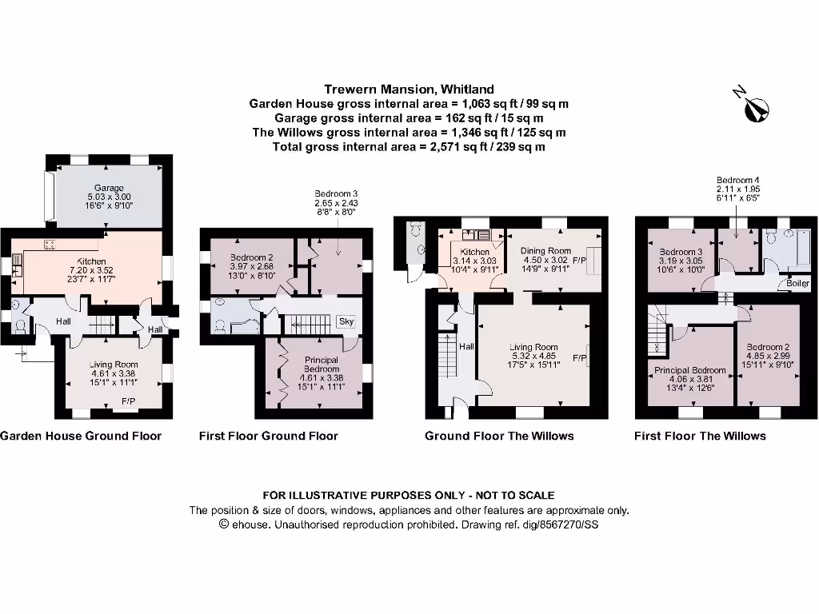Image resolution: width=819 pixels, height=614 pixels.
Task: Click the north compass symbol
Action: tap(754, 108)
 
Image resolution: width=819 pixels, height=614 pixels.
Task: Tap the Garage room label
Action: tap(109, 188)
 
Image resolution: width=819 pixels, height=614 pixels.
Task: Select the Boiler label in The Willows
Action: tap(797, 283)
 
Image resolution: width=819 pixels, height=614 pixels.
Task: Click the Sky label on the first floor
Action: tap(346, 321)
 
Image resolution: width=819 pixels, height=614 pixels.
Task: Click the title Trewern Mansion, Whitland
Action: tap(409, 90)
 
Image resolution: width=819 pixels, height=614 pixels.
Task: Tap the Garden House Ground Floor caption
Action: tap(81, 436)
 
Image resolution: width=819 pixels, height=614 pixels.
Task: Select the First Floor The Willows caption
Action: tap(700, 436)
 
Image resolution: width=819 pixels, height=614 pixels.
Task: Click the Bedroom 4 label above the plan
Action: tap(738, 180)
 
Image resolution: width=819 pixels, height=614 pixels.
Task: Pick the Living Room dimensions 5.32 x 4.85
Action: tap(533, 356)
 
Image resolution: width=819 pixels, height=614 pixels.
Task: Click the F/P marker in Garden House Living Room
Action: tap(128, 401)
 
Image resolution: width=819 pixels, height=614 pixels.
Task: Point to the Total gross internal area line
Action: tap(409, 147)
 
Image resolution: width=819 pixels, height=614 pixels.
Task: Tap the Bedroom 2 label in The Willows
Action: tap(767, 347)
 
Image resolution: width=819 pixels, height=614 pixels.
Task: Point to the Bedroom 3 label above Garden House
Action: tap(336, 193)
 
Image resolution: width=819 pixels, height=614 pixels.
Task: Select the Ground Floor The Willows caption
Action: tap(499, 436)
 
